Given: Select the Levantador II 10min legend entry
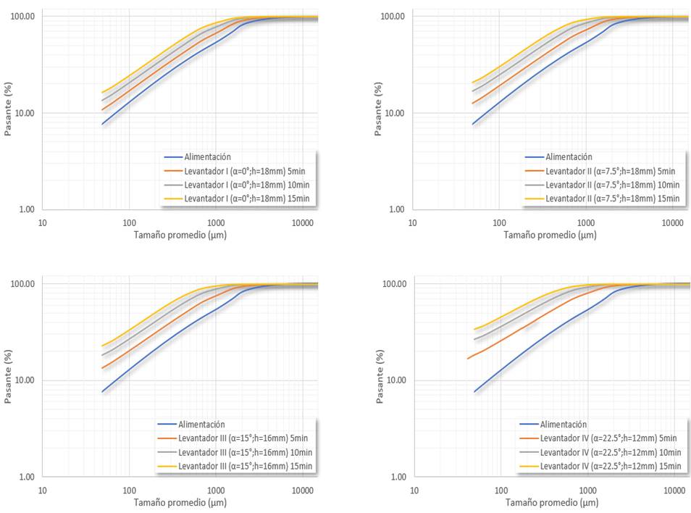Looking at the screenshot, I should [x=613, y=184].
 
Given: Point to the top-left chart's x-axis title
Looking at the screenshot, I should [x=184, y=235].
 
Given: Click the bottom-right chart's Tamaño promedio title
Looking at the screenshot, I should [x=552, y=502].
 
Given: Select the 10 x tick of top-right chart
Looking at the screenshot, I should [x=414, y=222].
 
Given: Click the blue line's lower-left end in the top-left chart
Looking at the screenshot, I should [x=103, y=125].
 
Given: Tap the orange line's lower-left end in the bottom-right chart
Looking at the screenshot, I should [x=467, y=359].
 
